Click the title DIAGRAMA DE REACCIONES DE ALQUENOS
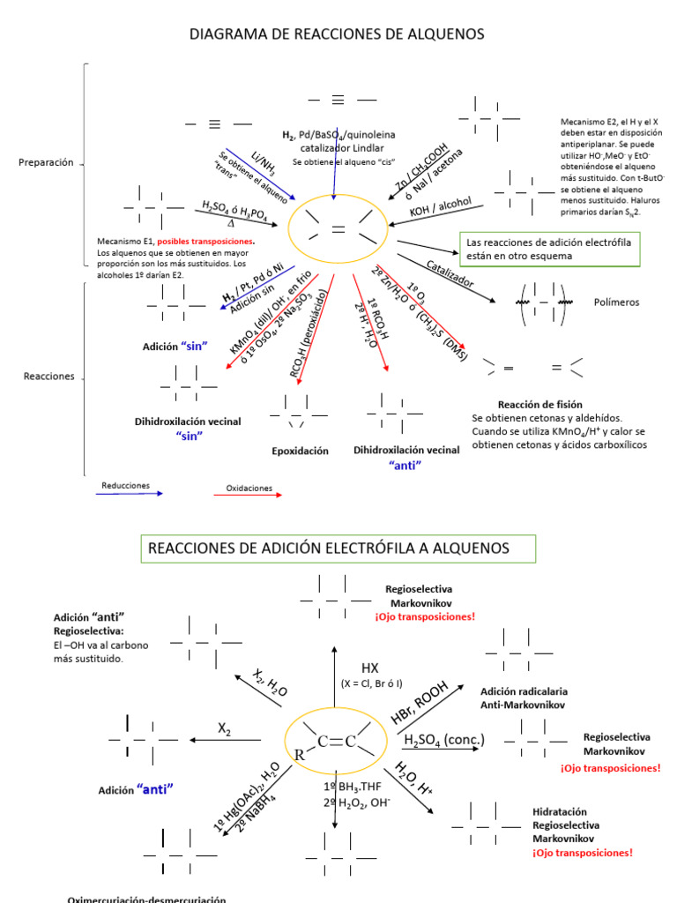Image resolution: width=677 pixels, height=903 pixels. [x=338, y=34]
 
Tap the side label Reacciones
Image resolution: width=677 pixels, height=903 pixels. [x=48, y=377]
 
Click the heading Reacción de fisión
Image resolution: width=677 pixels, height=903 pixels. [x=539, y=404]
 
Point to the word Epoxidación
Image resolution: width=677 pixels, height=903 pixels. [x=300, y=451]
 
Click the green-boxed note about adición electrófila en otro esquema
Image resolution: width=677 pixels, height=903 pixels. [x=551, y=248]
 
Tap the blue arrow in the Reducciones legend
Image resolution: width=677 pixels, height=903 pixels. [x=130, y=494]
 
